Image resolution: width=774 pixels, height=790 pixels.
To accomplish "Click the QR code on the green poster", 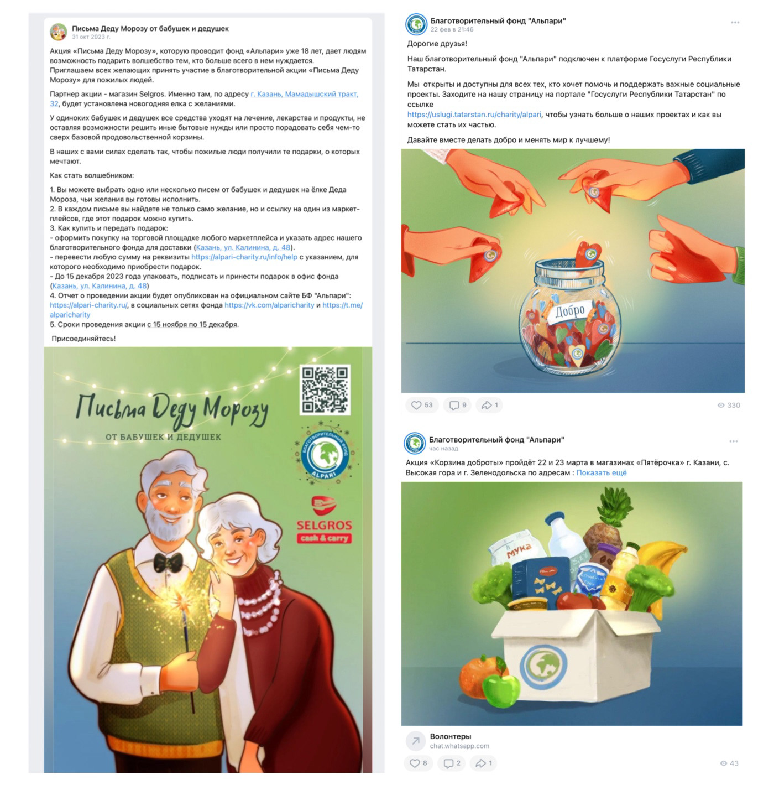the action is [x=325, y=390].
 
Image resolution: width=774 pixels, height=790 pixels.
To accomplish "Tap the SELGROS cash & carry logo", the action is [x=324, y=520].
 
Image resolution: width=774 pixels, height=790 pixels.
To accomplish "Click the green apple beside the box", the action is [x=501, y=689].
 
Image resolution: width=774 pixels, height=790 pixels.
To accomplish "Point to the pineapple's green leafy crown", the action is [x=615, y=506].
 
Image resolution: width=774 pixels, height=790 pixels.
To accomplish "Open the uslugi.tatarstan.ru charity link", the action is [x=474, y=115].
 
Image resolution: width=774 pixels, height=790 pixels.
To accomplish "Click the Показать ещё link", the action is [x=601, y=472].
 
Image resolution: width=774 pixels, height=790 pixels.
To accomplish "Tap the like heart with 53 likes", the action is [x=416, y=405].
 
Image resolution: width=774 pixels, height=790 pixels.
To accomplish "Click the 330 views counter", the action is [x=729, y=405].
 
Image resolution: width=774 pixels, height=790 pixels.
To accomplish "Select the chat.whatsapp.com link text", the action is [x=459, y=746].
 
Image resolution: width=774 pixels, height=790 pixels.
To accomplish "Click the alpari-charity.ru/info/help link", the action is [x=244, y=257].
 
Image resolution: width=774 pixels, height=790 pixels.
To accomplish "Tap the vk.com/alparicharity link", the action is [x=269, y=305].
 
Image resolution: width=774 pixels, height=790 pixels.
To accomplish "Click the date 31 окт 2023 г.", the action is [x=91, y=37].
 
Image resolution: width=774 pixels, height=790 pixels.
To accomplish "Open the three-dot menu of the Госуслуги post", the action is [x=735, y=23].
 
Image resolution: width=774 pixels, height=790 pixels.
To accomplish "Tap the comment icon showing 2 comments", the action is [x=449, y=763].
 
